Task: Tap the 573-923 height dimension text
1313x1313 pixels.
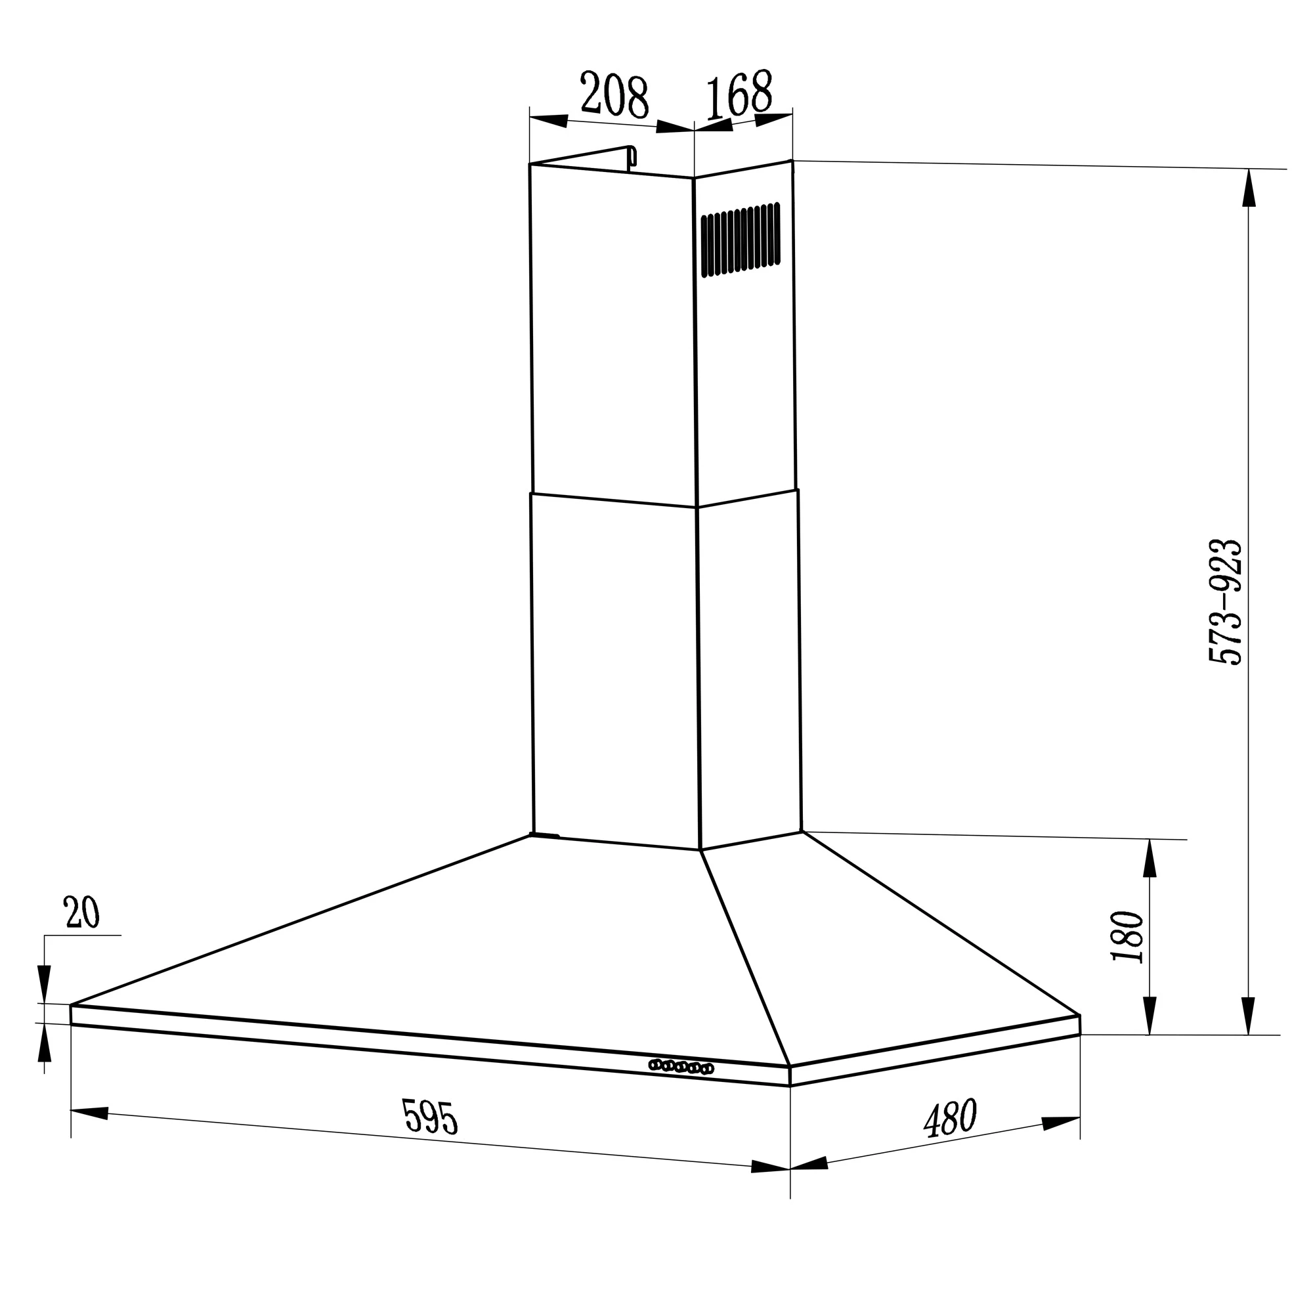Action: (x=1225, y=601)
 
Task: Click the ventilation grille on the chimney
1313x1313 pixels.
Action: (x=741, y=239)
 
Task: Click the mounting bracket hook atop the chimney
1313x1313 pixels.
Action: (x=632, y=156)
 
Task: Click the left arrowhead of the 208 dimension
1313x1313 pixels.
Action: (x=548, y=120)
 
